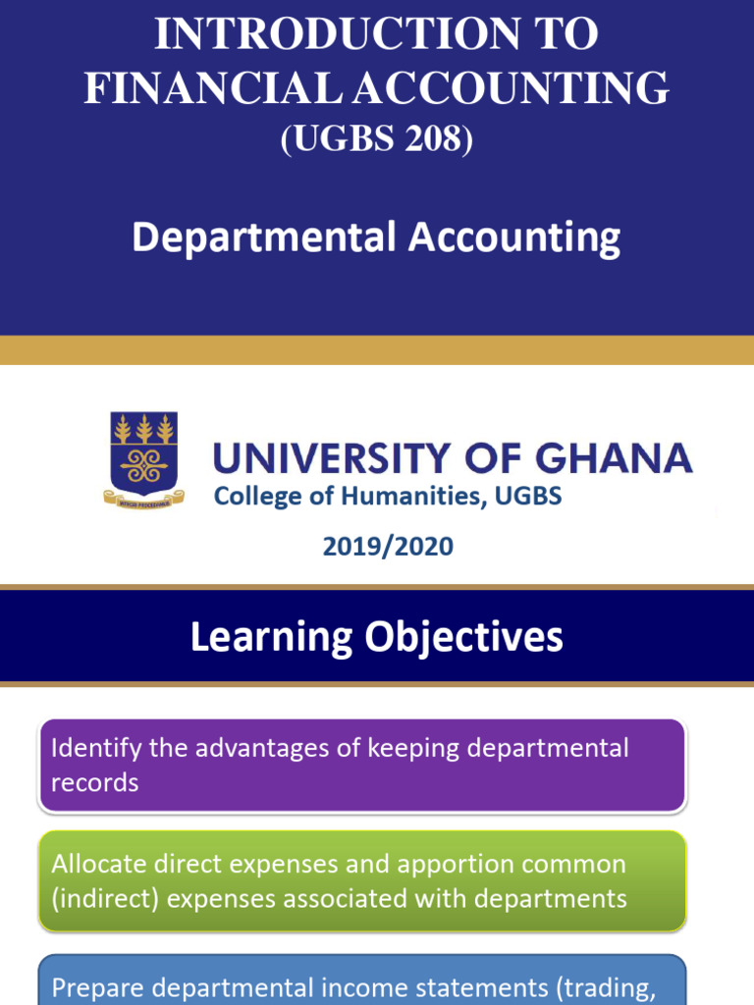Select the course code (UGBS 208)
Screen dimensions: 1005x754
pyautogui.click(x=377, y=139)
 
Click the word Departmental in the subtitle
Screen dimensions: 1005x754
pyautogui.click(x=264, y=238)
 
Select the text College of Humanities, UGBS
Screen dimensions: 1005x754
pyautogui.click(x=388, y=497)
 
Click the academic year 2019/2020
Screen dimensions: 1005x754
pyautogui.click(x=388, y=547)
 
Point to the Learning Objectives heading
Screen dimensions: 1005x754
pyautogui.click(x=377, y=637)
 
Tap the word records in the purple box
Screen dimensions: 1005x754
pyautogui.click(x=94, y=782)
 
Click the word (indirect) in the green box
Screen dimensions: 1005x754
pyautogui.click(x=106, y=898)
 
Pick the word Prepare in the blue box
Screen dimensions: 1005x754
pyautogui.click(x=95, y=988)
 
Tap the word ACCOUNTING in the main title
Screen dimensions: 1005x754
pyautogui.click(x=512, y=88)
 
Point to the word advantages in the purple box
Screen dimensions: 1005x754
pyautogui.click(x=250, y=748)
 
